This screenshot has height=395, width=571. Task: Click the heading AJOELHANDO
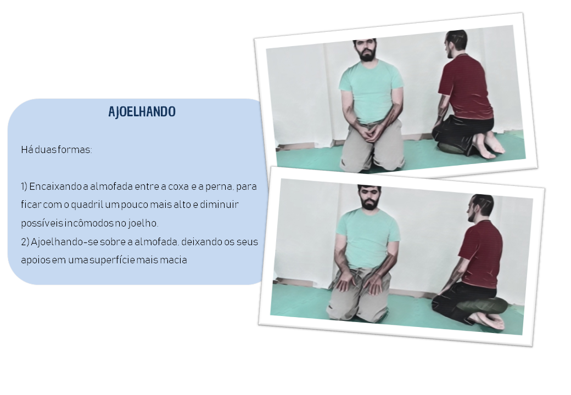[142, 112]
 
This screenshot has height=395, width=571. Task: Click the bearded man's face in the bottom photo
[369, 198]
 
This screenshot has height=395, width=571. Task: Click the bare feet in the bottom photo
[490, 320]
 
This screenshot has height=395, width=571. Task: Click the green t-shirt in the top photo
[371, 91]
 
